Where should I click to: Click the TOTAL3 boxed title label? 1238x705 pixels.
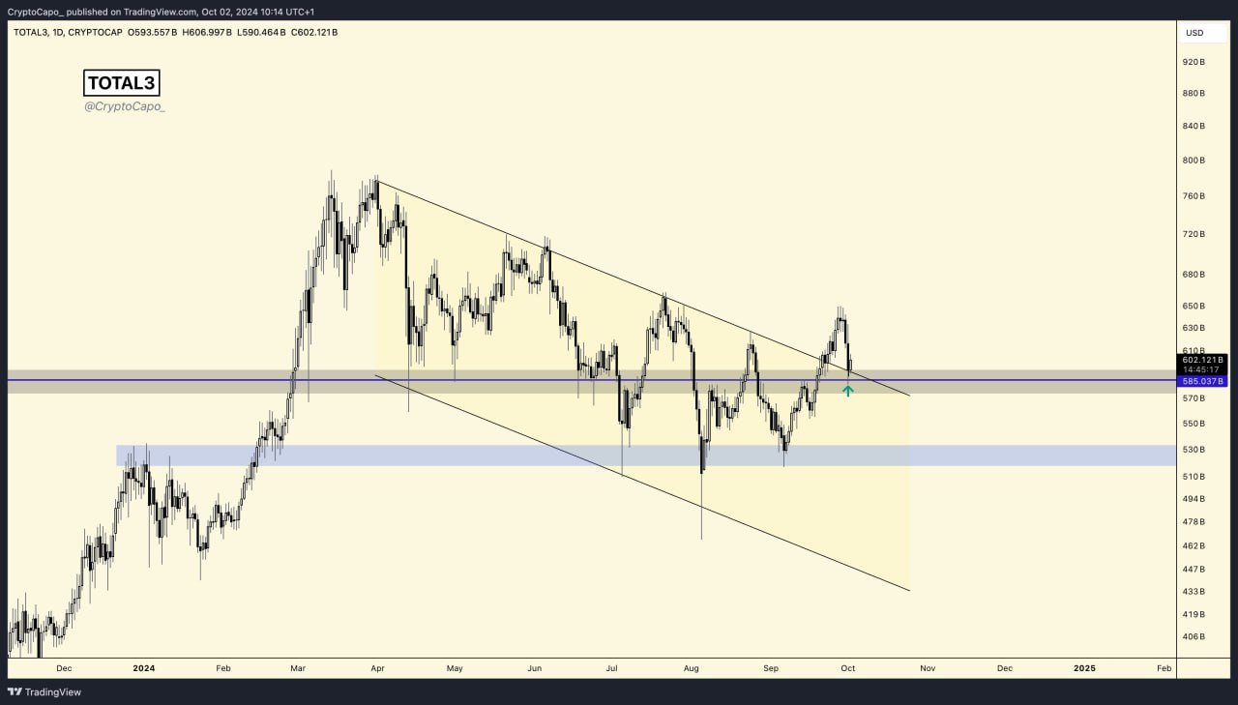click(x=121, y=83)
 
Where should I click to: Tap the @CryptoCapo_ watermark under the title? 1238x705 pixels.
click(x=125, y=106)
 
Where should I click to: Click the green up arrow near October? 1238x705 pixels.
click(x=848, y=390)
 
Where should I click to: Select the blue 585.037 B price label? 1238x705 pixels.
click(x=1203, y=381)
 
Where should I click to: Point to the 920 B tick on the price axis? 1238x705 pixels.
click(x=1194, y=62)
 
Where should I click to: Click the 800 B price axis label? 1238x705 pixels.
click(x=1194, y=161)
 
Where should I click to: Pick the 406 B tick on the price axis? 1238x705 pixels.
click(x=1194, y=636)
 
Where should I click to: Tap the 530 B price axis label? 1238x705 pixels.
click(x=1194, y=450)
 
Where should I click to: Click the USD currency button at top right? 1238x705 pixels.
click(x=1194, y=33)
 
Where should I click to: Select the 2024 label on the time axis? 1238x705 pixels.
click(x=144, y=668)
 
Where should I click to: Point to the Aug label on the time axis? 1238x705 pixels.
click(x=691, y=668)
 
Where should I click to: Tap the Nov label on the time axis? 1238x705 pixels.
click(x=928, y=668)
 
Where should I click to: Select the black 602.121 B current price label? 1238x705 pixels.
click(x=1203, y=360)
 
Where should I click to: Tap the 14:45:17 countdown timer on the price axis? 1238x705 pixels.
click(x=1203, y=369)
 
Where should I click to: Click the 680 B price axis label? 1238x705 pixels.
click(x=1194, y=275)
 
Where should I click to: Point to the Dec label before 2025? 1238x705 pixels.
click(x=1005, y=668)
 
